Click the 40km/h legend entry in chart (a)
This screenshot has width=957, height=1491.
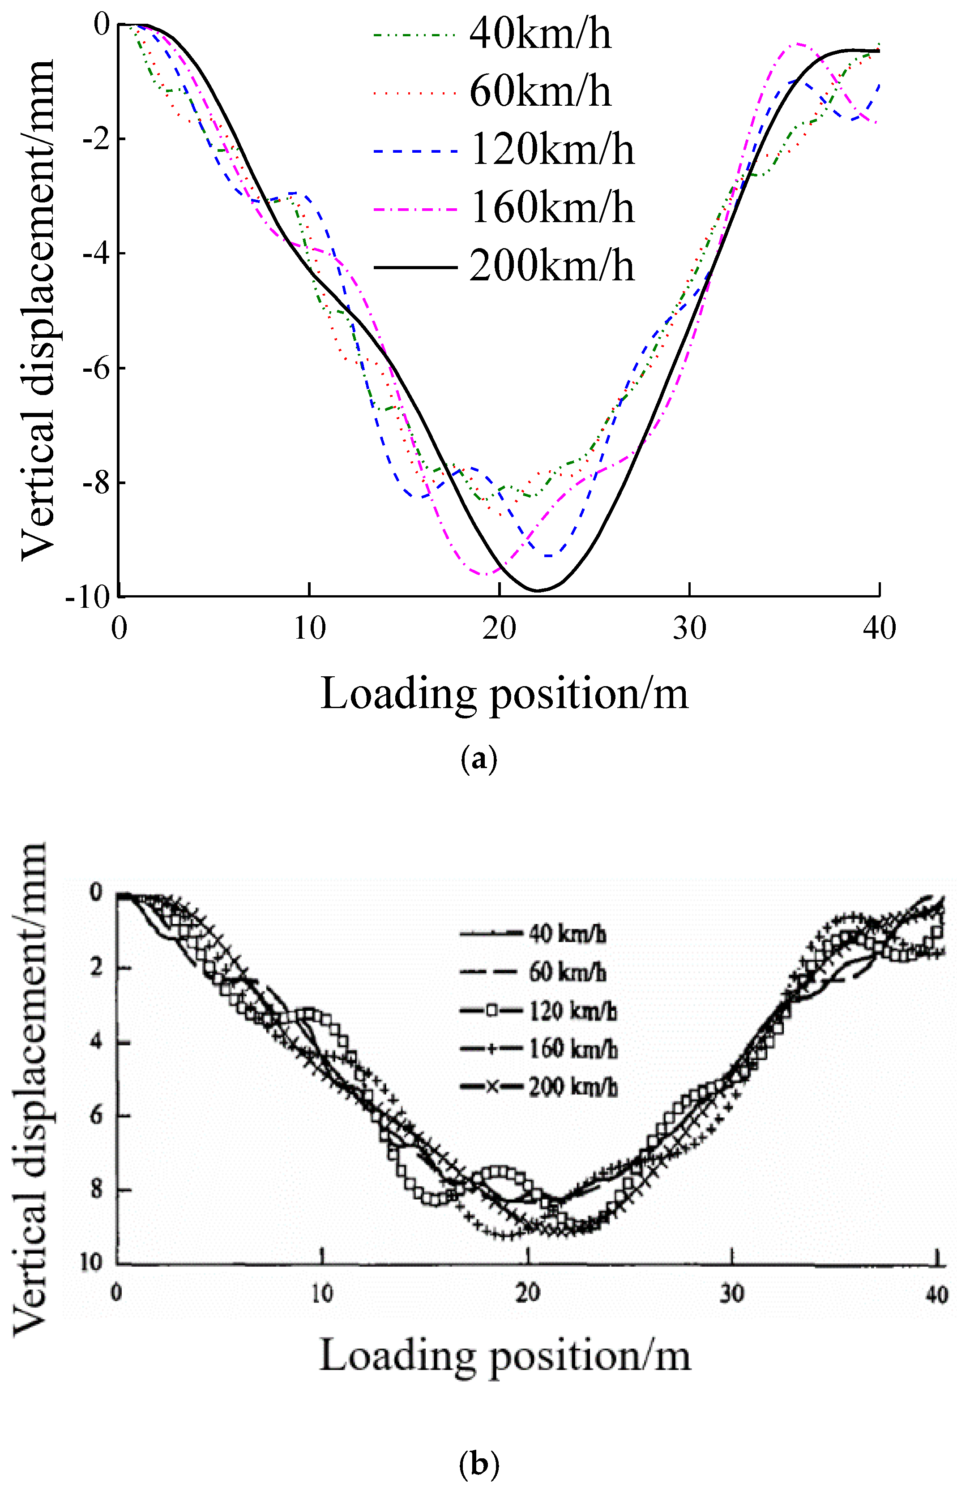pos(539,34)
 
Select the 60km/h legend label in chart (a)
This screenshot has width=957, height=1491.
pos(539,92)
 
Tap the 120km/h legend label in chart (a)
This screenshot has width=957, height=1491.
pos(552,150)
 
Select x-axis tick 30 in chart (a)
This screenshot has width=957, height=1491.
pos(690,628)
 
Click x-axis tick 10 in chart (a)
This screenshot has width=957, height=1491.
pos(309,628)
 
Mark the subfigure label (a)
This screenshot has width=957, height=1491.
pos(478,760)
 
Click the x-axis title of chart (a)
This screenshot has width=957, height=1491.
pos(504,693)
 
